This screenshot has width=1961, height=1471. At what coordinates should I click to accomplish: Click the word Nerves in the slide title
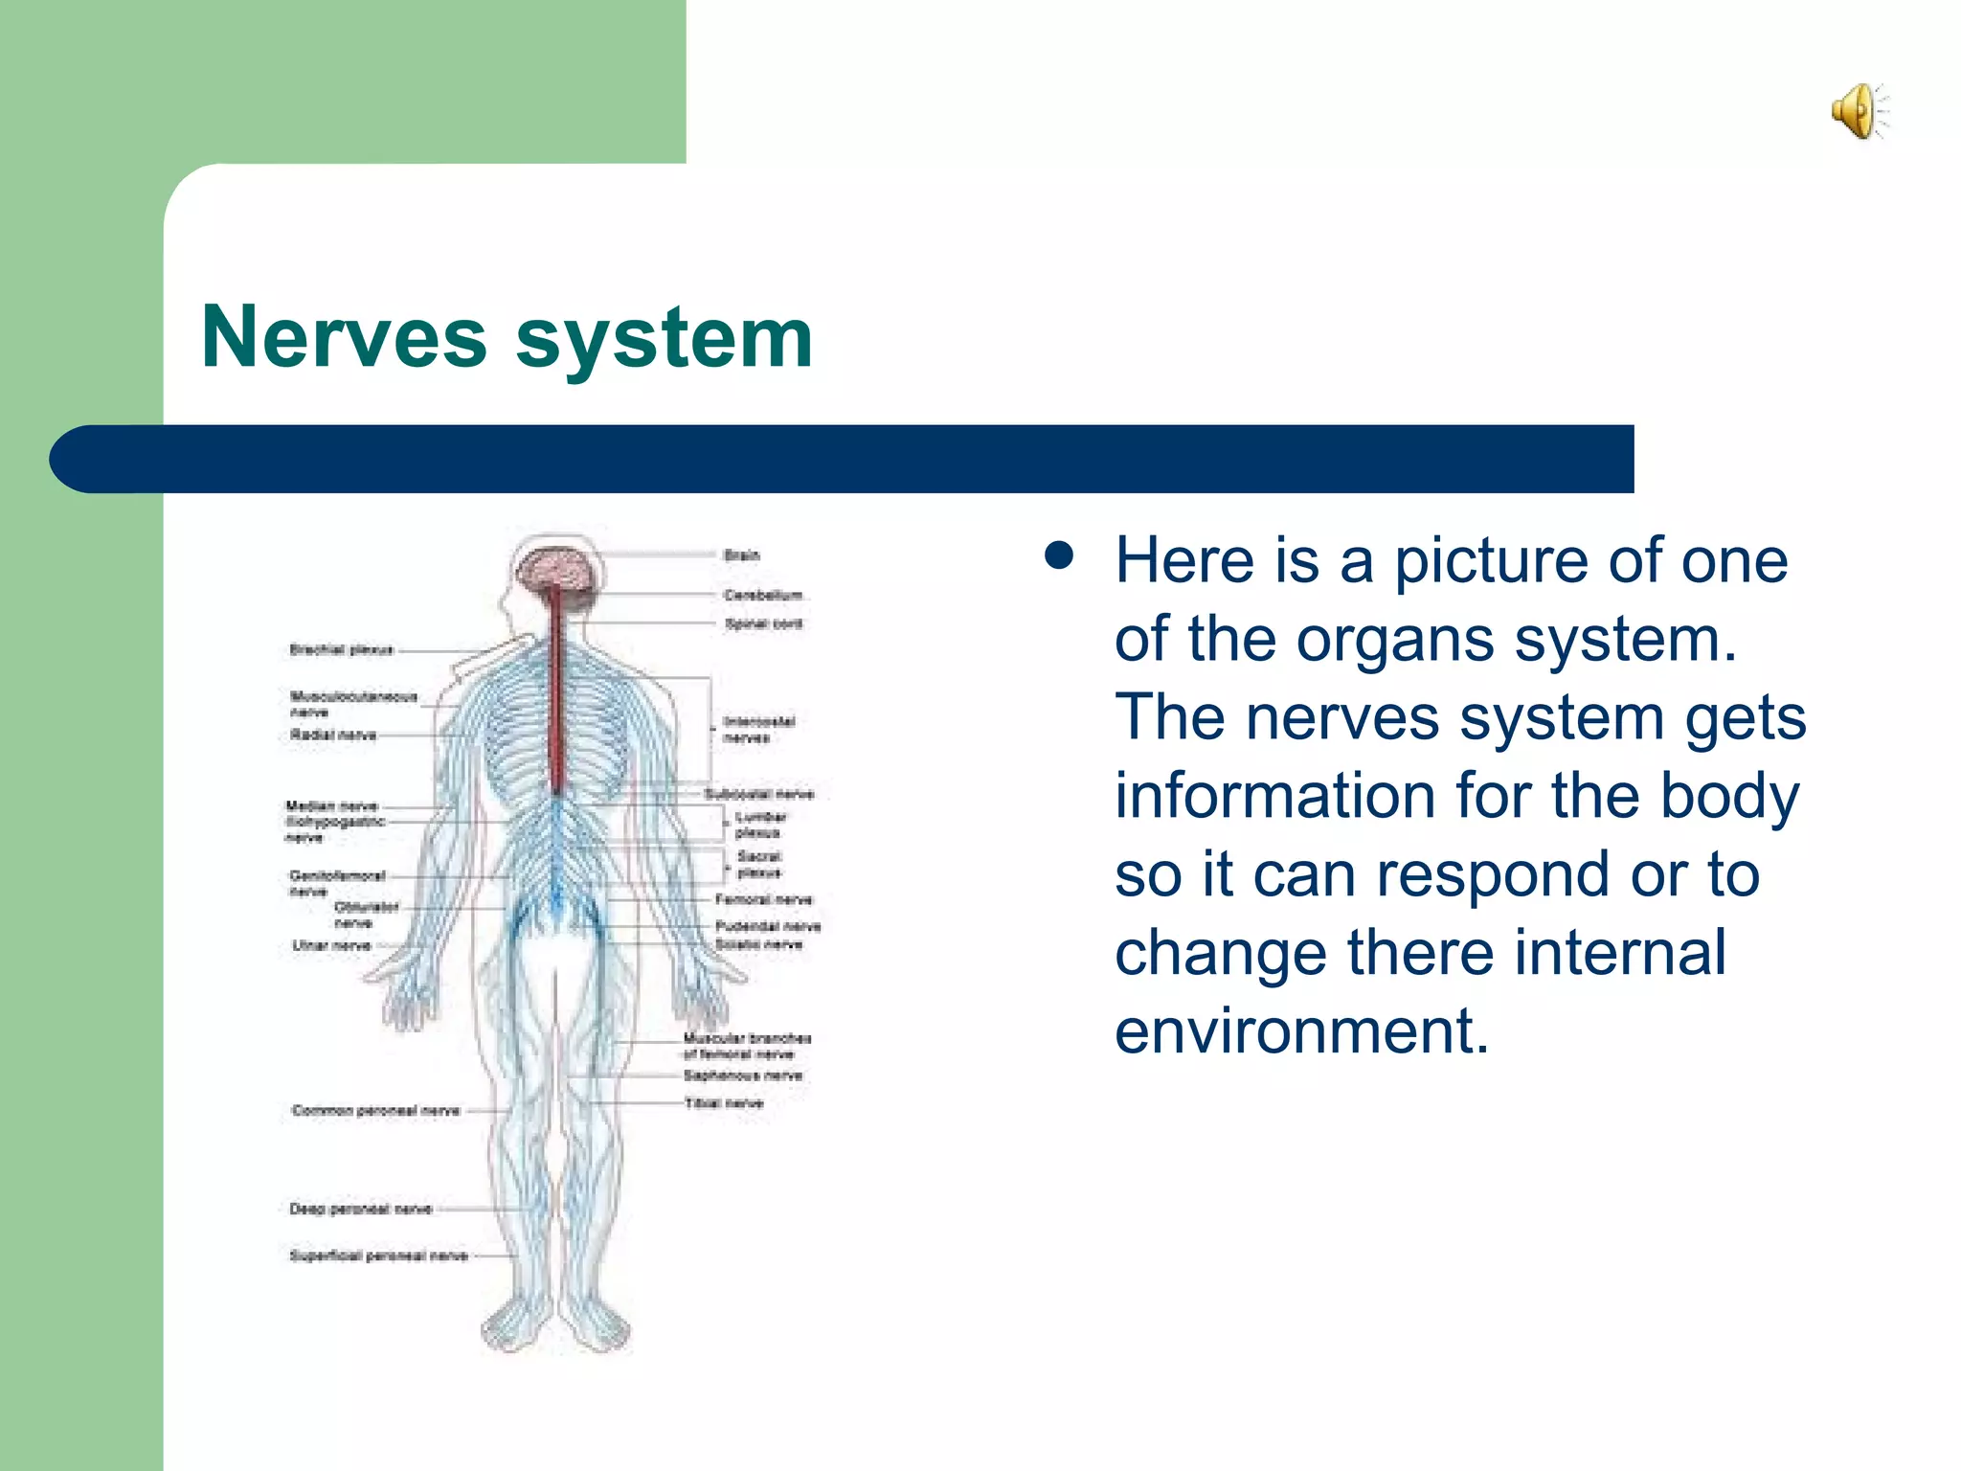pos(344,337)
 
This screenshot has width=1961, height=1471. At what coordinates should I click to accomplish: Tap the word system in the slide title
pos(665,337)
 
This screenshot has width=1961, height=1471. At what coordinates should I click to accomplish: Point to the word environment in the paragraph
pos(1302,1031)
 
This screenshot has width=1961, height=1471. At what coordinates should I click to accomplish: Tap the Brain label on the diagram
pos(741,555)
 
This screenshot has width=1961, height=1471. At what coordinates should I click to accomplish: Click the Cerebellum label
pos(763,596)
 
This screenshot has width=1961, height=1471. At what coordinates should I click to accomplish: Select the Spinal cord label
pos(763,624)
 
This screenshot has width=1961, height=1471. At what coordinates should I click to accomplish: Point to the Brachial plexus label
pos(342,650)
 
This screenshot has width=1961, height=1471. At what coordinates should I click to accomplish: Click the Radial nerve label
pos(333,735)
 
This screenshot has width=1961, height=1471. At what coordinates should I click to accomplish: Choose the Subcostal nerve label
pos(758,794)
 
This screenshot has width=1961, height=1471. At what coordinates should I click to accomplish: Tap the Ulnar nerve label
pos(331,946)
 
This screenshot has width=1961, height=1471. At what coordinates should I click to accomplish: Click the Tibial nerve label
pos(724,1103)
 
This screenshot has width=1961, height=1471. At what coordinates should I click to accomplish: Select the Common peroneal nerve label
pos(375,1111)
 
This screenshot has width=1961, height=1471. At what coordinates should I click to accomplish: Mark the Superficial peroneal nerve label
pos(378,1256)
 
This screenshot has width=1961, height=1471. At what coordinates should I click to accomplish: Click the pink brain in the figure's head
pos(558,570)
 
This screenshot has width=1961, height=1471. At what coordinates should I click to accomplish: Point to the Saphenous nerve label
pos(743,1075)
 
